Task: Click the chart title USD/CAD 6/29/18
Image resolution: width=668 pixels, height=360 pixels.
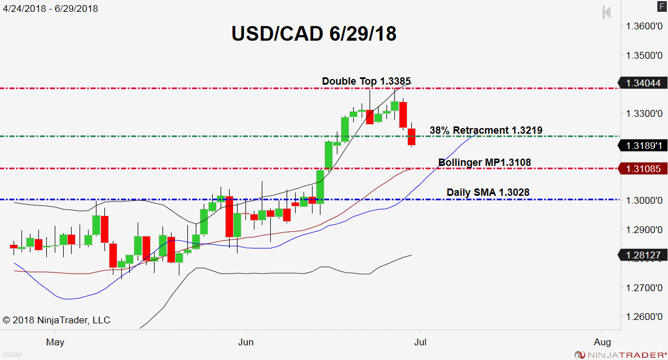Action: point(314,34)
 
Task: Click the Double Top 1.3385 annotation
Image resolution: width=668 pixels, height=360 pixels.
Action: point(366,81)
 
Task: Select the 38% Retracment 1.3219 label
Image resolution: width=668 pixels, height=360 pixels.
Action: point(486,130)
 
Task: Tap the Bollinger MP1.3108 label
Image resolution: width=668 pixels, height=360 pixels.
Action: point(484,163)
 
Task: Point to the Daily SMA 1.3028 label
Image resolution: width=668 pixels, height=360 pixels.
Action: point(487,193)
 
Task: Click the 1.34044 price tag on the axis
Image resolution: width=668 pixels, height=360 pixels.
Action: point(642,83)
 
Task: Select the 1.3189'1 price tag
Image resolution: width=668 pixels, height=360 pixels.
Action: point(642,146)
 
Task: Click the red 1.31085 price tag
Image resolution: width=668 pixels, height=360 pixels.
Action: point(642,169)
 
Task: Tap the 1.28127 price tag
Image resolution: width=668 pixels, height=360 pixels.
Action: point(642,255)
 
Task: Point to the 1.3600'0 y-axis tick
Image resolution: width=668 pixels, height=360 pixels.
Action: point(643,26)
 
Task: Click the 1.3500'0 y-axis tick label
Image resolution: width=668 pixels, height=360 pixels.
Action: point(643,55)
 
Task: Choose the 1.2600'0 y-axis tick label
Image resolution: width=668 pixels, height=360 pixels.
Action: point(643,317)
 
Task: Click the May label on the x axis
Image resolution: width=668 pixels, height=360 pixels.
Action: point(55,342)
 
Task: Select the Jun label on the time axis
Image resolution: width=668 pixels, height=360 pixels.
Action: point(245,342)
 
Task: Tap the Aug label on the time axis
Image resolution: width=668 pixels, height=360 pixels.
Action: point(602,342)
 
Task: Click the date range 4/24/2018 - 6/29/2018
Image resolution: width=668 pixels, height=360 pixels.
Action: point(49,8)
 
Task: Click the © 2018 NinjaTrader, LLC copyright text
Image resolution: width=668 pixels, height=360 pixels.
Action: point(56,320)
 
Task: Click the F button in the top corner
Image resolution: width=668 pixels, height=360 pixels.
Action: point(661,7)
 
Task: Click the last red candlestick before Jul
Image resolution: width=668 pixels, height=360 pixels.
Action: point(412,137)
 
